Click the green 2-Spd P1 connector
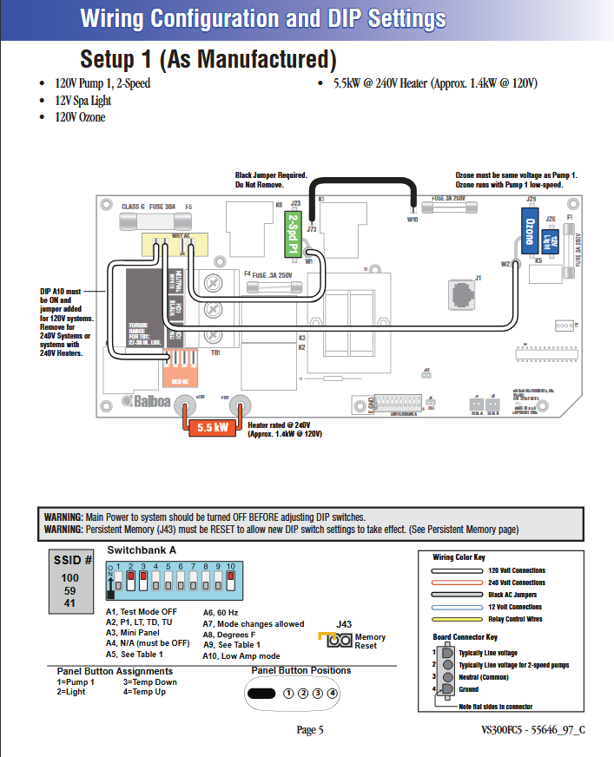[295, 230]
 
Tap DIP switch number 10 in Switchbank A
[230, 578]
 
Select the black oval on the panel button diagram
[261, 692]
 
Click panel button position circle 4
[332, 692]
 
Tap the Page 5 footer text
[309, 730]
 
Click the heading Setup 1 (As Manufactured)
[208, 59]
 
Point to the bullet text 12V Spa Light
[83, 101]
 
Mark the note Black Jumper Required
[271, 176]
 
